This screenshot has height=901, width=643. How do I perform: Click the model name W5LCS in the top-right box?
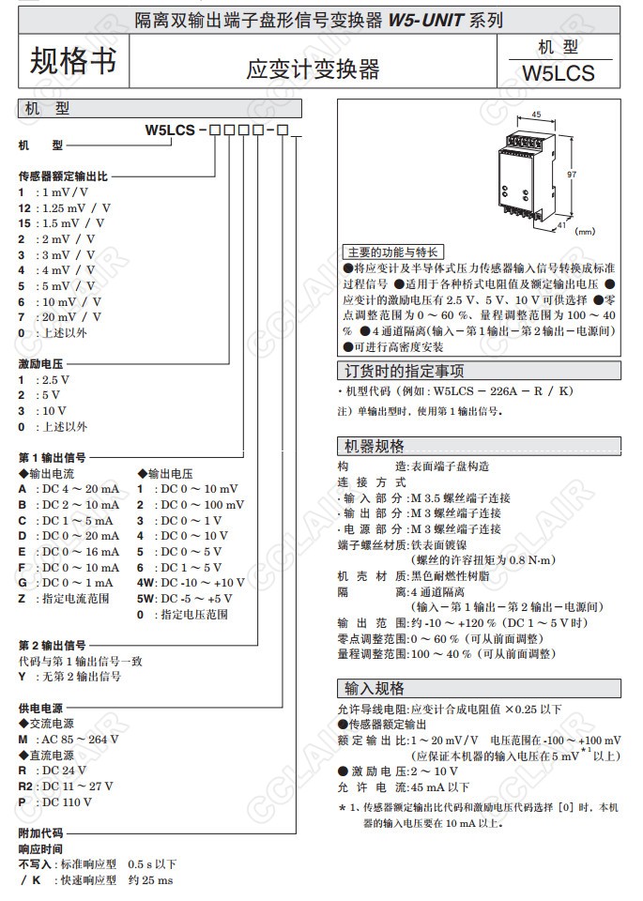[559, 72]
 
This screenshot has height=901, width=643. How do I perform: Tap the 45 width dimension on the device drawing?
[536, 114]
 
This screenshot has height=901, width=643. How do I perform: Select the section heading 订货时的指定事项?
[405, 371]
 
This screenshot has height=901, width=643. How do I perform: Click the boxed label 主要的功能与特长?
[392, 252]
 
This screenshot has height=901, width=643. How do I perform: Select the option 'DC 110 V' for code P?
[65, 802]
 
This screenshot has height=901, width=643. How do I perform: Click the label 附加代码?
[40, 832]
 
